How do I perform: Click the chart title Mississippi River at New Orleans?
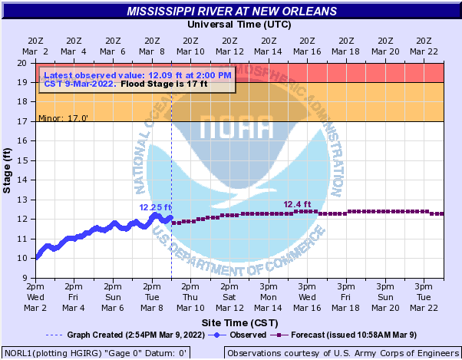coord(232,12)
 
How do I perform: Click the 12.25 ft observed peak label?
coord(155,207)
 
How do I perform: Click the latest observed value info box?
coord(137,80)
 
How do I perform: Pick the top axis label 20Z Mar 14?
coord(268,46)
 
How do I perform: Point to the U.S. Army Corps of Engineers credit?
coord(342,353)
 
